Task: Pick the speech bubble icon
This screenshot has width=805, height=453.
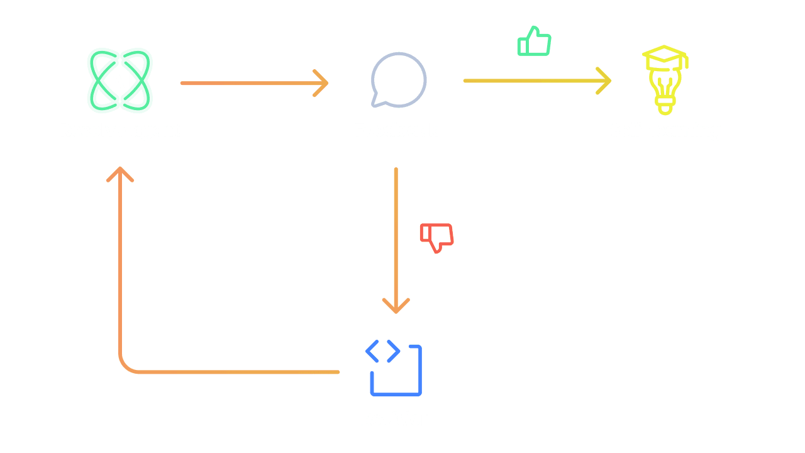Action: click(398, 80)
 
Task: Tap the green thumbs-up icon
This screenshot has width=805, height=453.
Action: click(534, 42)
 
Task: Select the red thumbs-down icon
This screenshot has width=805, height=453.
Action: click(436, 237)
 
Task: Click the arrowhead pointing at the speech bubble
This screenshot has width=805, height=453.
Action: click(323, 83)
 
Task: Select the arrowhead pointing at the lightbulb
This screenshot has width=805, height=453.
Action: click(606, 81)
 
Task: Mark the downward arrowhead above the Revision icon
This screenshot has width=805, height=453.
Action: click(396, 307)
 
